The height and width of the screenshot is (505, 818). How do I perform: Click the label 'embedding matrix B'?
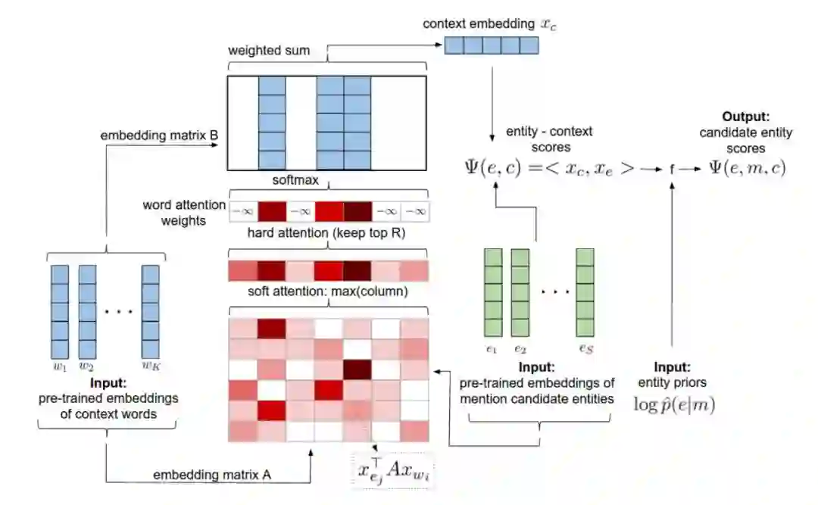click(160, 136)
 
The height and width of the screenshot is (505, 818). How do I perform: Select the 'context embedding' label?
click(478, 23)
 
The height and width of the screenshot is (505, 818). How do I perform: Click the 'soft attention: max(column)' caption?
click(327, 291)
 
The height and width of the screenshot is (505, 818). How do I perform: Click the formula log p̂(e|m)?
click(673, 404)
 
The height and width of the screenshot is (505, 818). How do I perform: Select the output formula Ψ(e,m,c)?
click(748, 168)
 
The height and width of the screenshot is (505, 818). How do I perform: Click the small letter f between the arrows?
click(672, 170)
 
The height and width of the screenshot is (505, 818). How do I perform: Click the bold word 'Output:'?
click(746, 117)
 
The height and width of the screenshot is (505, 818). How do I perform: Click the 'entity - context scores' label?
click(539, 139)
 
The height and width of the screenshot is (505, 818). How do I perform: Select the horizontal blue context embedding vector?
click(491, 45)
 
